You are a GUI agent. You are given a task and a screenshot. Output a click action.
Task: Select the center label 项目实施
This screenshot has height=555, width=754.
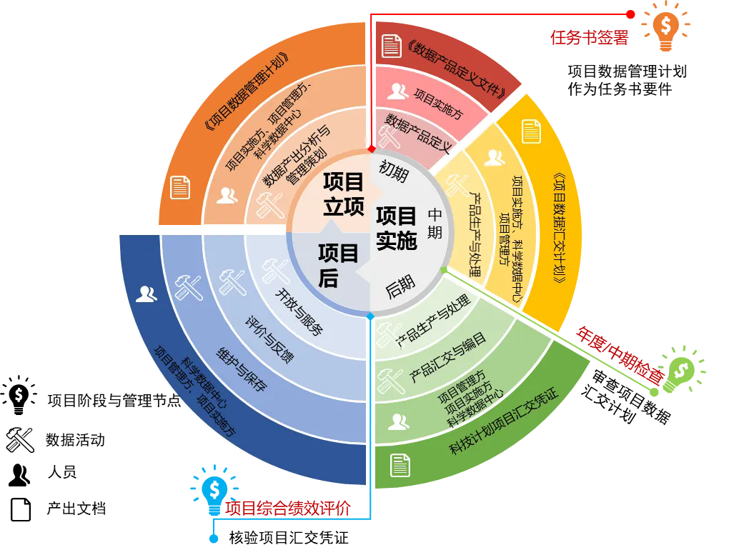(396, 228)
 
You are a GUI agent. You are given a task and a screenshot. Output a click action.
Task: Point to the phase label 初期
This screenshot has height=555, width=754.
(393, 171)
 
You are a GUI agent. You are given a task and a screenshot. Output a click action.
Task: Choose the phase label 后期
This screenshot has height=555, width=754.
(400, 286)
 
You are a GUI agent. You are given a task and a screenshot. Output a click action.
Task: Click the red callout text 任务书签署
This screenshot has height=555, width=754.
(590, 38)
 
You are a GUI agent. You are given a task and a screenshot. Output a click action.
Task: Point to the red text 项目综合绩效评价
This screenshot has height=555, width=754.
(287, 508)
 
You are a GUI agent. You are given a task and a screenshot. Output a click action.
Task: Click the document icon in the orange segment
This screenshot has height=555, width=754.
(179, 187)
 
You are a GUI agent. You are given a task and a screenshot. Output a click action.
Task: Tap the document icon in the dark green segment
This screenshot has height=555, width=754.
(400, 464)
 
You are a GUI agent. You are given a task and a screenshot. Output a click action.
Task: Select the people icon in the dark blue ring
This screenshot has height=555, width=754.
(147, 294)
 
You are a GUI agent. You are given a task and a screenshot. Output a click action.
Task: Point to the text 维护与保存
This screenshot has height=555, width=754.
(242, 370)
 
